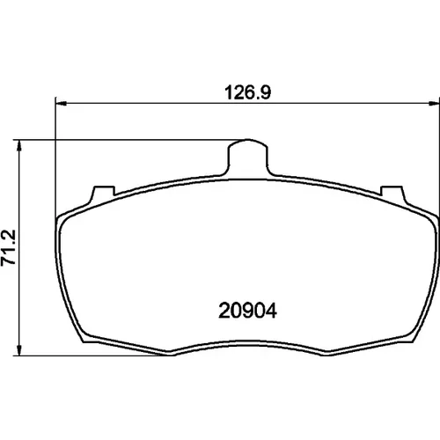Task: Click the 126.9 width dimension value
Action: pyautogui.click(x=248, y=92)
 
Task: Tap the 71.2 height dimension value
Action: pyautogui.click(x=8, y=248)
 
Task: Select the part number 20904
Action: pyautogui.click(x=247, y=311)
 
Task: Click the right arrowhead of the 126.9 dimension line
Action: pyautogui.click(x=434, y=103)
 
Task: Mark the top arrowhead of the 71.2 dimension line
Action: pyautogui.click(x=19, y=145)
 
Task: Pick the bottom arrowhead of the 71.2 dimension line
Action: pyautogui.click(x=19, y=350)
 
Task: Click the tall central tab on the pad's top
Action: pyautogui.click(x=248, y=157)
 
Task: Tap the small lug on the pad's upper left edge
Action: pyautogui.click(x=103, y=194)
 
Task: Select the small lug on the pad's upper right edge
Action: pyautogui.click(x=393, y=194)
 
